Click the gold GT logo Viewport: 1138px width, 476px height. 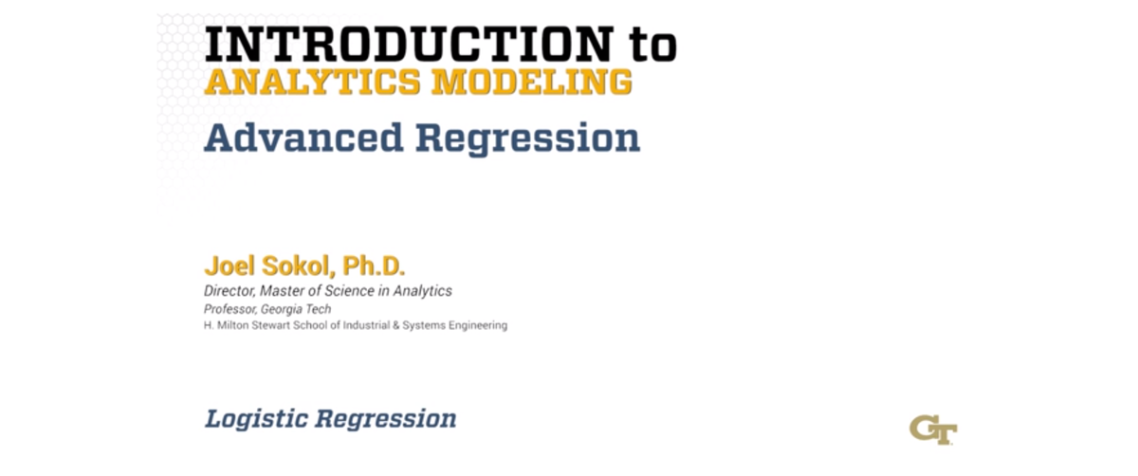932,429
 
